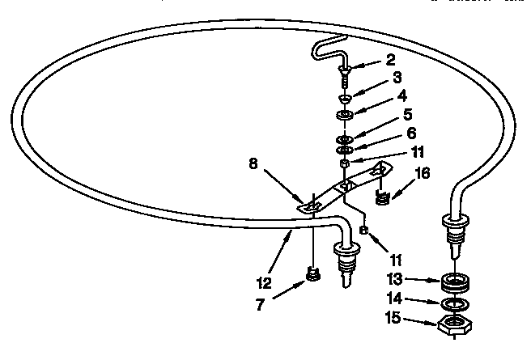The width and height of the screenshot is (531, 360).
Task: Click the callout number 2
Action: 390,60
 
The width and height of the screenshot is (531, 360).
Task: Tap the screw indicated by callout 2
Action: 344,77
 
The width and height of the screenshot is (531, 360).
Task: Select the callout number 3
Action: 397,78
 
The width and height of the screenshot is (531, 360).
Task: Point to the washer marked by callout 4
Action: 345,115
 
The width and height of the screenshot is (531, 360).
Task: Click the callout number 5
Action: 408,115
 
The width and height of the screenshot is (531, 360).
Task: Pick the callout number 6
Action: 411,133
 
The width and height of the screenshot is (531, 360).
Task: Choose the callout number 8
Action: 253,163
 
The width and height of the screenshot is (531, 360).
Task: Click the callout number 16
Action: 423,173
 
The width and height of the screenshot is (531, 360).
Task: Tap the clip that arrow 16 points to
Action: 383,197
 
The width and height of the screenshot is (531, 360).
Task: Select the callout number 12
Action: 264,283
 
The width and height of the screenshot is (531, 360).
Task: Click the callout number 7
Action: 260,304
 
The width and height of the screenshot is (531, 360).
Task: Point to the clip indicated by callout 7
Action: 313,273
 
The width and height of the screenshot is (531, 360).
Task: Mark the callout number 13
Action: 395,279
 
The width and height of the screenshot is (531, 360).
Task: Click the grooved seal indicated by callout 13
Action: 456,282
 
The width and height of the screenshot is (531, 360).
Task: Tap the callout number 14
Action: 395,299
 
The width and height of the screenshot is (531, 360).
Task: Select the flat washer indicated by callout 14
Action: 456,304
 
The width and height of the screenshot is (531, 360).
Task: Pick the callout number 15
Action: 393,318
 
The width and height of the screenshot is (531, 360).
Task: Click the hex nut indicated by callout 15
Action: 454,325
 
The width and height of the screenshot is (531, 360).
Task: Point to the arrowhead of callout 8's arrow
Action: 300,200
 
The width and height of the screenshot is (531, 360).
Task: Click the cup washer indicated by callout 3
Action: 346,99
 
